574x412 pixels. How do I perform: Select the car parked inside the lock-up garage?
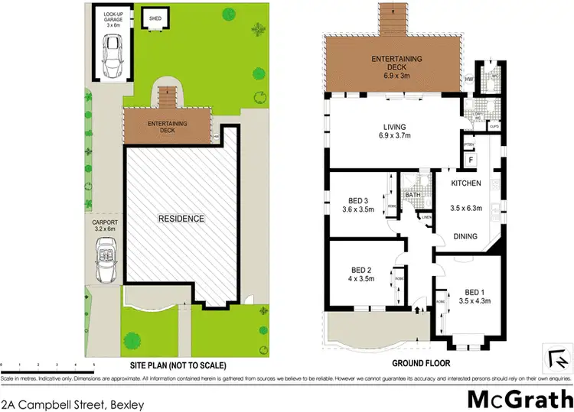coord(112,59)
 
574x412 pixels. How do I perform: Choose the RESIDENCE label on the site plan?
coord(181,219)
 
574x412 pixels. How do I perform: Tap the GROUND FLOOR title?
coord(420,363)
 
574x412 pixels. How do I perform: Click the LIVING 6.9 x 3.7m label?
coord(395,131)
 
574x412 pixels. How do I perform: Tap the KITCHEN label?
coord(465,183)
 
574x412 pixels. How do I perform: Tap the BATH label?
coord(414,196)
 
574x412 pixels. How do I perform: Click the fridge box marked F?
coord(470,160)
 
